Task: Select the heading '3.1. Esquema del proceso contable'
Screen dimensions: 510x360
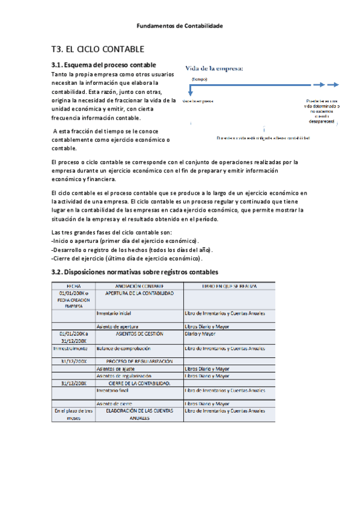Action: click(104, 65)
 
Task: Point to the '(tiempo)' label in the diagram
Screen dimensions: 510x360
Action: click(199, 79)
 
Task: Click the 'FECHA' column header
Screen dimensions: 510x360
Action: click(74, 286)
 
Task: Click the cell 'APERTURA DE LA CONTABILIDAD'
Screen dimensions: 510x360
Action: click(139, 293)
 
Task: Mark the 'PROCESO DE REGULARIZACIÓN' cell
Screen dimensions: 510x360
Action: click(139, 361)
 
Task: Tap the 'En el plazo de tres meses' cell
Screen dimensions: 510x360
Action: click(74, 414)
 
